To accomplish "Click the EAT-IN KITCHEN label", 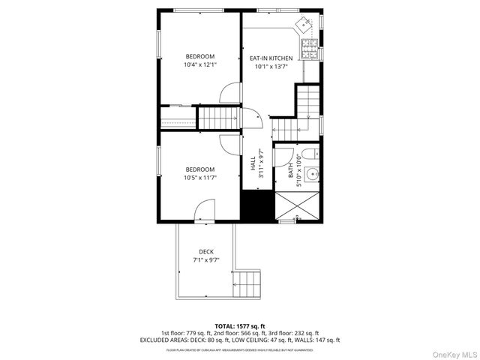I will pos(271,57).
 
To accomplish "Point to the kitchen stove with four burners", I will pos(308,49).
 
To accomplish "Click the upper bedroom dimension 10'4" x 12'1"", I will pos(200,65).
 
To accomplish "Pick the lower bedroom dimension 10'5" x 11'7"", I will pos(200,178).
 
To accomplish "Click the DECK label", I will pos(205,251).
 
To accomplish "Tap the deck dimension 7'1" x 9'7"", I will pos(205,259).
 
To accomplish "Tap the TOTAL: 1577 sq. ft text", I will pos(240,326).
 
